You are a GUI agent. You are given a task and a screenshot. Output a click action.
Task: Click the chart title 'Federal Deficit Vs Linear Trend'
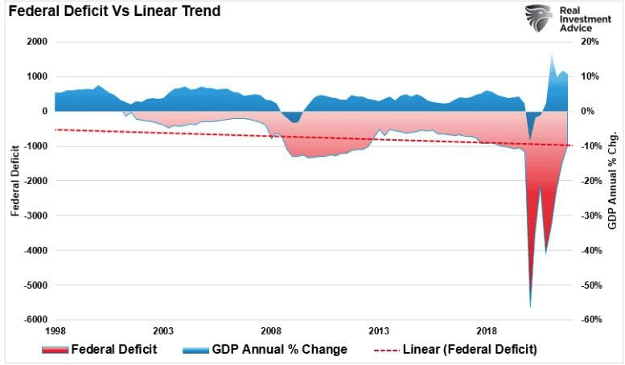pyautogui.click(x=115, y=12)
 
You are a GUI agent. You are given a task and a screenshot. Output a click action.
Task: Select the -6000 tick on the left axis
pyautogui.click(x=36, y=320)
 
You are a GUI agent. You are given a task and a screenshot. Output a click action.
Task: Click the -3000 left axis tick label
pyautogui.click(x=36, y=215)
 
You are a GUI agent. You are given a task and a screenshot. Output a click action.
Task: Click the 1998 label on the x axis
pyautogui.click(x=56, y=331)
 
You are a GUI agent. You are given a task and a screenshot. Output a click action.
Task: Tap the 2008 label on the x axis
pyautogui.click(x=271, y=331)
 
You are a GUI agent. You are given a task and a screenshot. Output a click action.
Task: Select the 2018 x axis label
pyautogui.click(x=487, y=331)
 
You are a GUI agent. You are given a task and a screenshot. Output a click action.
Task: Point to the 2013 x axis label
pyautogui.click(x=379, y=331)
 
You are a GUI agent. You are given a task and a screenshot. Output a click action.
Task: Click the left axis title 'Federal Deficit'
pyautogui.click(x=15, y=181)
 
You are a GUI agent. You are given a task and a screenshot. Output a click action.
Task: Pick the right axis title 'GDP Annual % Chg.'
pyautogui.click(x=612, y=180)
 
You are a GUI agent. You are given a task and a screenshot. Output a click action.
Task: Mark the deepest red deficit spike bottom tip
pyautogui.click(x=530, y=306)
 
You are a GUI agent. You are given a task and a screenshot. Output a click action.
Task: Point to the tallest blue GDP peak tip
pyautogui.click(x=552, y=55)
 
